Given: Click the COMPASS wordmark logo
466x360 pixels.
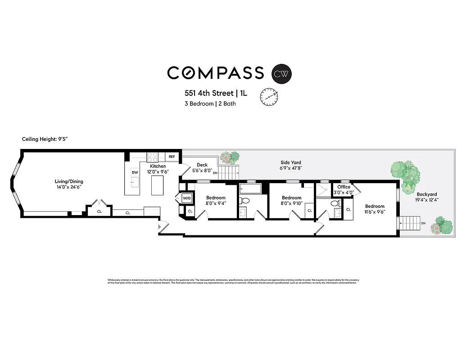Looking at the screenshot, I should click(x=215, y=72).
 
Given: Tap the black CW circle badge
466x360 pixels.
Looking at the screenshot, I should click(x=282, y=73).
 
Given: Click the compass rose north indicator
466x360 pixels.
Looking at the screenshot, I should click(x=269, y=96).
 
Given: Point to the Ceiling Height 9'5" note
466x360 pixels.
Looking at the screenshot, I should click(x=44, y=139).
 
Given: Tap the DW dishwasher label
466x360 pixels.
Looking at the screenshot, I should click(x=134, y=172).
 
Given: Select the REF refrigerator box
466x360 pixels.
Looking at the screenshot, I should click(x=172, y=157).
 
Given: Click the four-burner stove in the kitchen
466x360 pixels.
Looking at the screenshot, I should click(x=153, y=157).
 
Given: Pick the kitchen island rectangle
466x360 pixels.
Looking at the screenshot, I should click(x=157, y=185).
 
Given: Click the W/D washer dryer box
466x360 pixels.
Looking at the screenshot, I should click(x=186, y=198).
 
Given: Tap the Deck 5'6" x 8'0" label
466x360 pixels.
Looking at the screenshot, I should click(x=202, y=168).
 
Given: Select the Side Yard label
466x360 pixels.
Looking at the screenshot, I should click(x=291, y=165).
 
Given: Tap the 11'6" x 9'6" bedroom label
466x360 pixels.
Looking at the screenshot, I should click(x=375, y=209).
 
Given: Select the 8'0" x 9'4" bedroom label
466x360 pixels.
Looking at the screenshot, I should click(x=216, y=201).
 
